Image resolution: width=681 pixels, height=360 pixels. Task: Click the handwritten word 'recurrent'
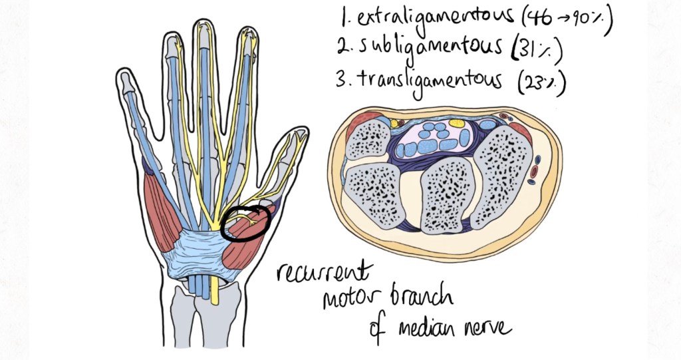(x=324, y=273)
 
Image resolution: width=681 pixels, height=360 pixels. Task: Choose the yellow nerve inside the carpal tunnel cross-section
(x=457, y=123)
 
